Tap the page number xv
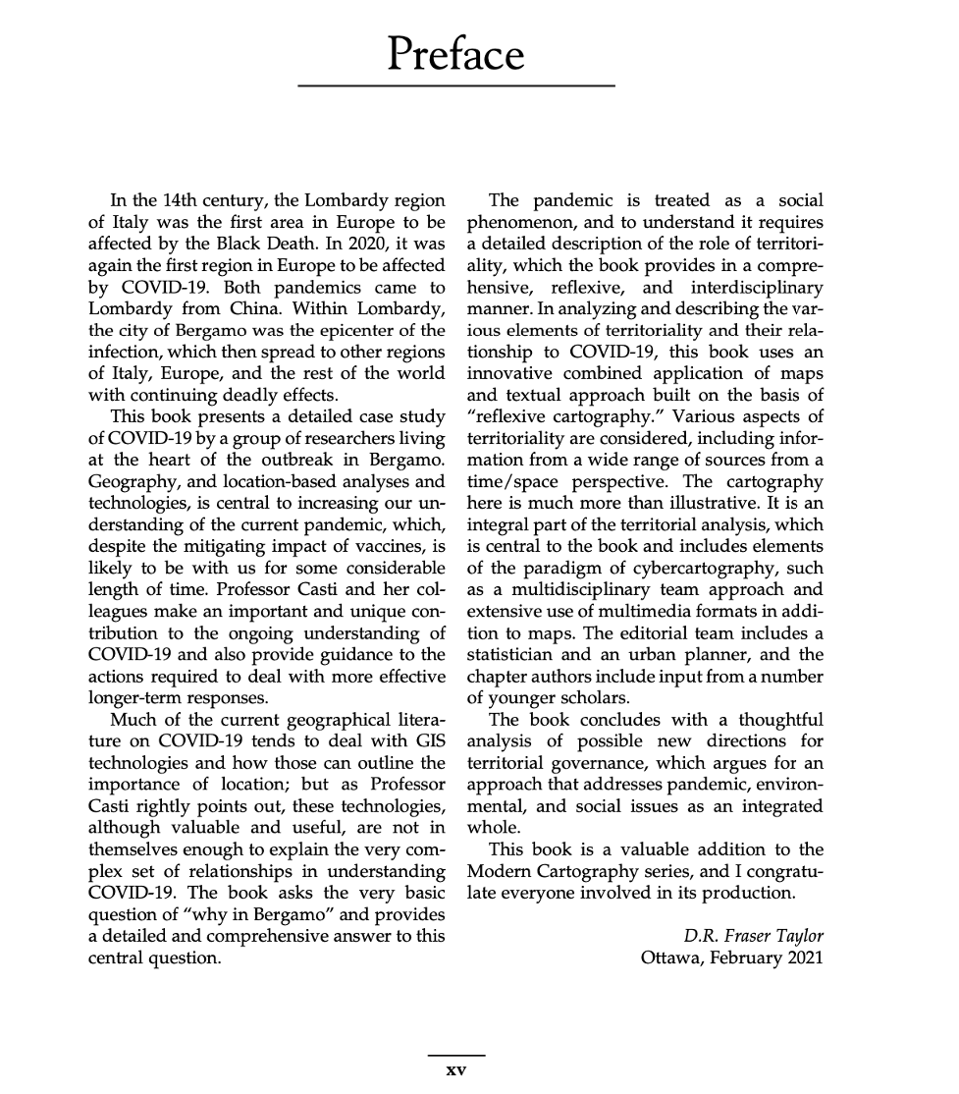(x=455, y=1069)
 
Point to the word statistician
(x=515, y=652)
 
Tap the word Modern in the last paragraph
(x=499, y=872)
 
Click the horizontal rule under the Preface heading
(x=455, y=86)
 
